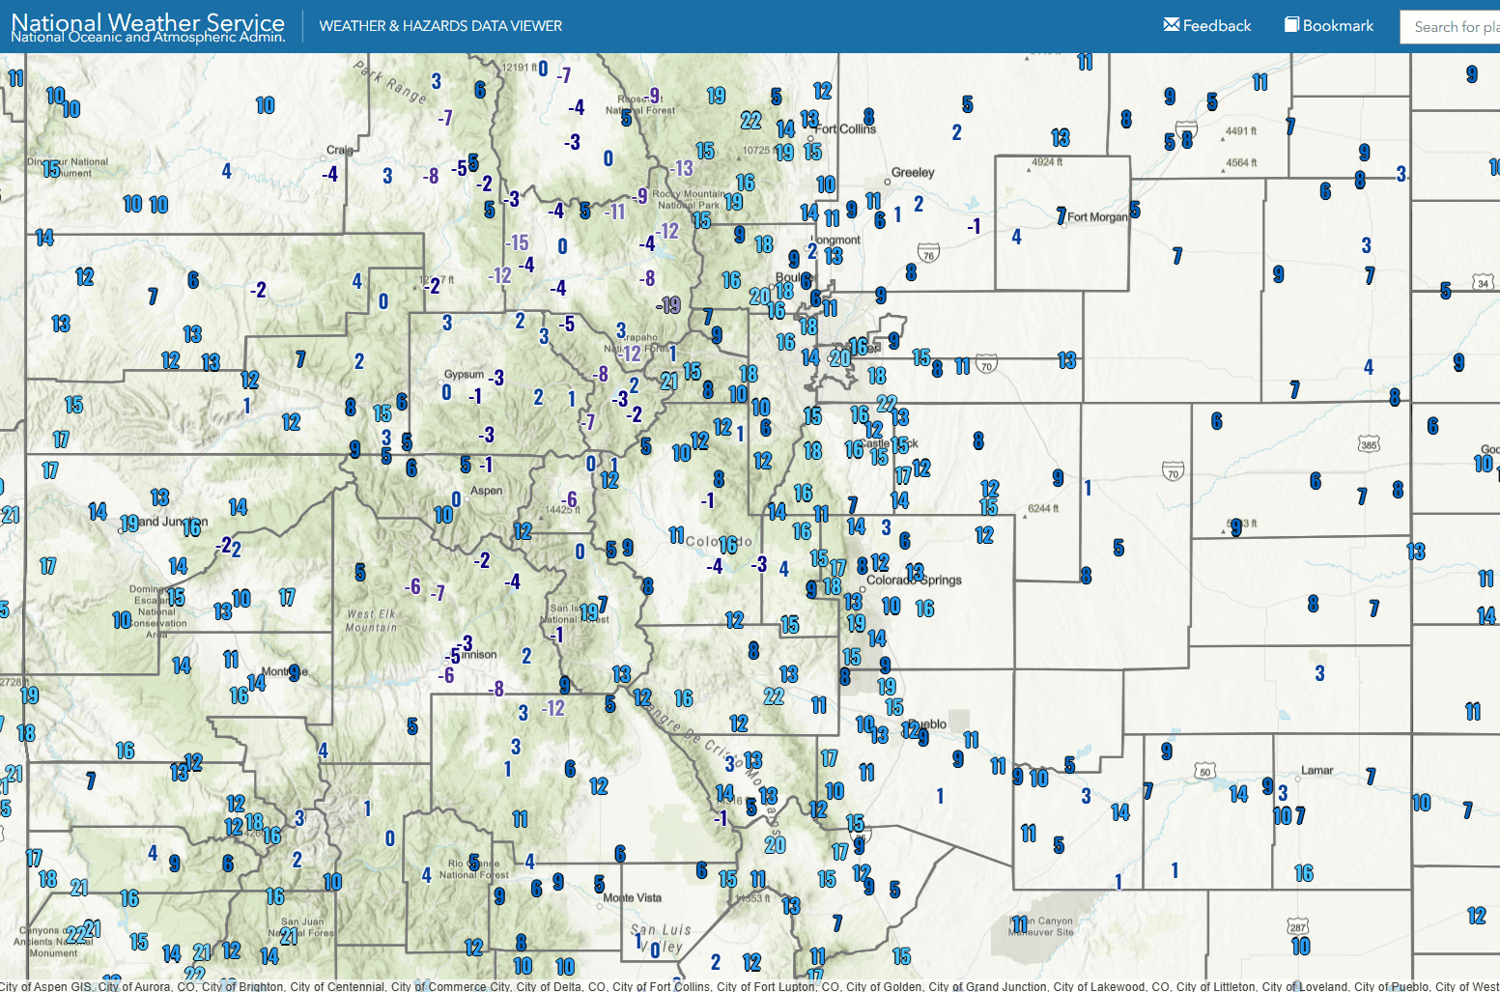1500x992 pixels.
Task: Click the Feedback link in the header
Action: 1207,26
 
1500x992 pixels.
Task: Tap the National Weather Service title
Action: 148,22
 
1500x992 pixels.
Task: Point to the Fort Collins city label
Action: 847,128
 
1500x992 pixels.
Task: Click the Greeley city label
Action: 913,173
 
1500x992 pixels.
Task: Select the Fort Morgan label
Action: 1097,217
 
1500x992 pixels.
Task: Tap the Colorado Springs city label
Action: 914,581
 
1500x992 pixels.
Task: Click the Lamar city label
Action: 1316,771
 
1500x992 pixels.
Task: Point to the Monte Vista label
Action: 633,898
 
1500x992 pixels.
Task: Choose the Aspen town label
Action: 487,491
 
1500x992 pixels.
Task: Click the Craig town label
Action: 340,151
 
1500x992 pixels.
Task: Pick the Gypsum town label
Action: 464,375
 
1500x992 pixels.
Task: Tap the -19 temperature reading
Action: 668,305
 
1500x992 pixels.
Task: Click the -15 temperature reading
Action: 518,242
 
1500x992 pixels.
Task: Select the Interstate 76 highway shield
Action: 928,255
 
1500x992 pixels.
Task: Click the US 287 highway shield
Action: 1297,927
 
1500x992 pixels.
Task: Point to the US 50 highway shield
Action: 1204,771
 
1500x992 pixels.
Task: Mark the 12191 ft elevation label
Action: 519,68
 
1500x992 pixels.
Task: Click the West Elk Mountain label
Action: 372,620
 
